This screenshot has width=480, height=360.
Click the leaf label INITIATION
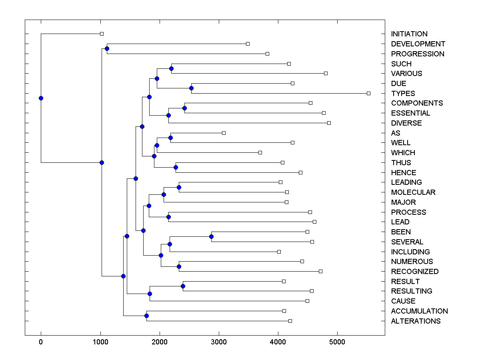[409, 34]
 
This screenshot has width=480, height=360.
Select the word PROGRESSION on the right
[418, 54]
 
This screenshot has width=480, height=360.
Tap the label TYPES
[403, 94]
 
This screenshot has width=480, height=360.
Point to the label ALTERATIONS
[416, 321]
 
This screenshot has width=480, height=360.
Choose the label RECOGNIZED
[415, 272]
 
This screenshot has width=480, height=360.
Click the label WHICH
[403, 153]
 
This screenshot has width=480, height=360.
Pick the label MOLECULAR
[413, 192]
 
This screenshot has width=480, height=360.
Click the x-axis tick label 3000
[219, 342]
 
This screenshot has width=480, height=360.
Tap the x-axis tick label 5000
[337, 342]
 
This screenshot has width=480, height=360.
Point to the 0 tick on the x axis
[41, 342]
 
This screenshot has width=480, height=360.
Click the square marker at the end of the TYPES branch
[368, 93]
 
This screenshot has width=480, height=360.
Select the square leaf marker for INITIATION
[102, 34]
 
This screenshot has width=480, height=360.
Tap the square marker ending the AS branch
[224, 133]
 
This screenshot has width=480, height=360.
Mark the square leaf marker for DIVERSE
[329, 123]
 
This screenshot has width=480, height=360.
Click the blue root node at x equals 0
[41, 98]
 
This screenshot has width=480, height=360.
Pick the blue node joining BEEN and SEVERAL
[211, 237]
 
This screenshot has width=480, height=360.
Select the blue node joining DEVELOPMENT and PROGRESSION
[107, 48]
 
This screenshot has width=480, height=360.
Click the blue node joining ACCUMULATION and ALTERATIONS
[146, 316]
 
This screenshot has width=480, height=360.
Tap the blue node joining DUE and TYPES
[191, 88]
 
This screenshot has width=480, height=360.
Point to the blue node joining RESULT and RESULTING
[183, 286]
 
